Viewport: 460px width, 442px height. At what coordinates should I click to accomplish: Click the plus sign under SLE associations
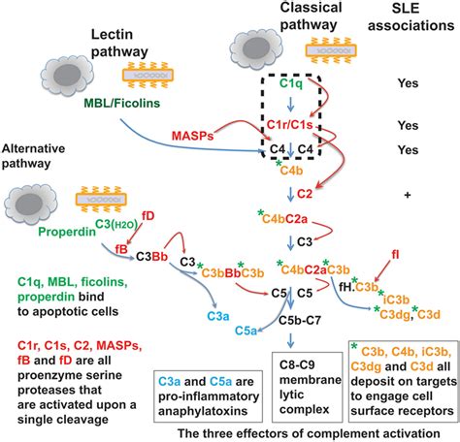coord(407,195)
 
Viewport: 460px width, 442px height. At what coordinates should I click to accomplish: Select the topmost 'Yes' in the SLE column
coord(408,83)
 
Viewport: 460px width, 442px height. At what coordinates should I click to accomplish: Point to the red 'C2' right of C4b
coord(334,193)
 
